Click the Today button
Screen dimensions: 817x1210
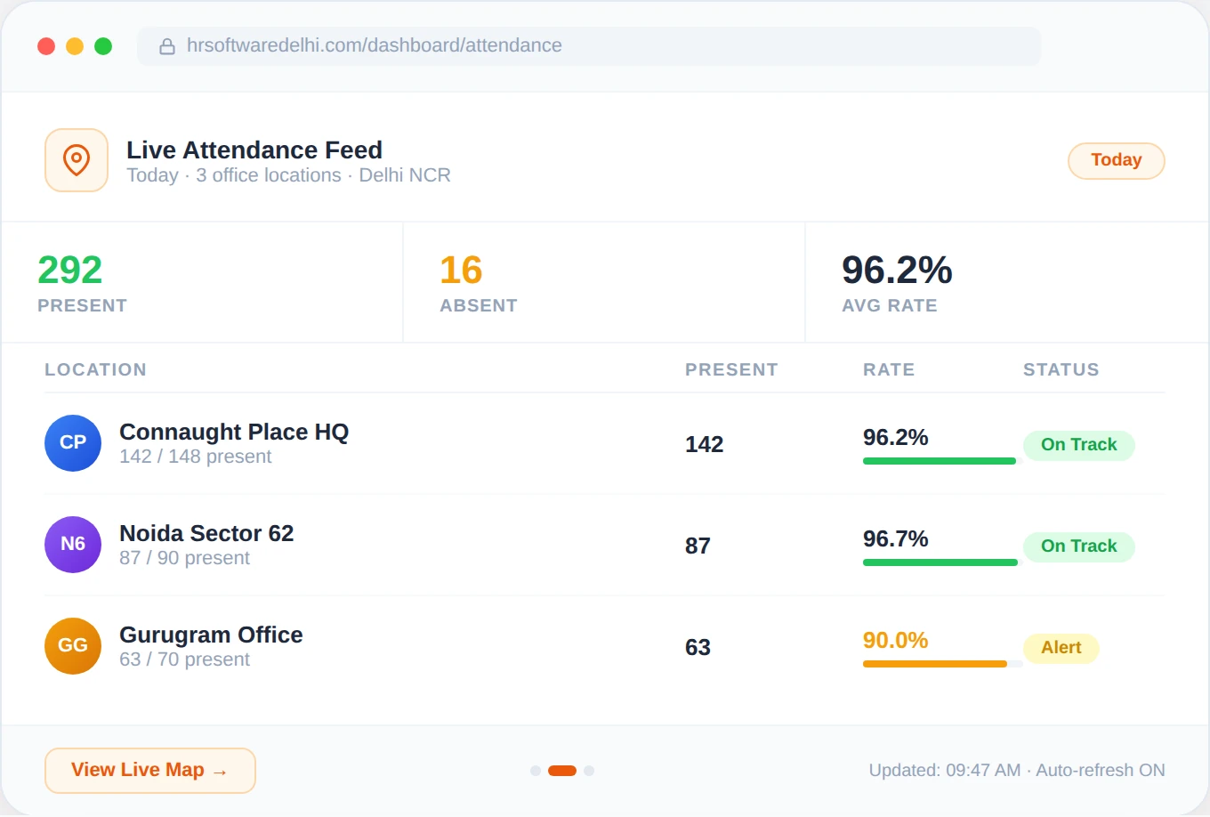pos(1116,160)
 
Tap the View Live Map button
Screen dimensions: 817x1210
pos(149,770)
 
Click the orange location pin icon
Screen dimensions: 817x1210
pos(77,160)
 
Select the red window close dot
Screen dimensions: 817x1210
pos(46,46)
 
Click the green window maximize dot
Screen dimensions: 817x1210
pos(103,46)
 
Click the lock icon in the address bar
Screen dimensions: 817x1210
pos(166,46)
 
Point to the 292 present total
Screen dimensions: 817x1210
pos(69,270)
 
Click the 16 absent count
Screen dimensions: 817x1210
pos(461,270)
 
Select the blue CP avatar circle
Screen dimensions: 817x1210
pos(73,442)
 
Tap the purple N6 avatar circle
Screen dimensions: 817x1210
pos(73,544)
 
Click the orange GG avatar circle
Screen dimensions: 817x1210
pos(73,645)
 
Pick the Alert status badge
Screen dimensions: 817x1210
pos(1061,648)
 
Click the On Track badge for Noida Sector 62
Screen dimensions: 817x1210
pos(1078,546)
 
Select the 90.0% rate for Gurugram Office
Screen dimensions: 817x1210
pos(895,640)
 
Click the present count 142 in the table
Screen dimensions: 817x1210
pos(704,444)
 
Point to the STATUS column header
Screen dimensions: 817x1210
pos(1061,369)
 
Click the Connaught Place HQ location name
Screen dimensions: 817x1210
pos(234,432)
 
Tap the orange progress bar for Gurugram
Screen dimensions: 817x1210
pos(934,664)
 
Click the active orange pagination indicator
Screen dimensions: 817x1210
pos(562,771)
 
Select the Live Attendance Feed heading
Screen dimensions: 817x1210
pos(254,150)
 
